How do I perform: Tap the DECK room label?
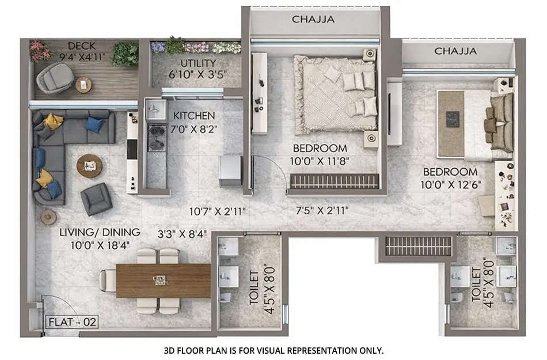coord(82,46)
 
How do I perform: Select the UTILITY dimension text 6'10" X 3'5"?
coord(197,74)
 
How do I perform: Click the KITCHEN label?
coord(194,116)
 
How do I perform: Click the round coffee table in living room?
coord(89,166)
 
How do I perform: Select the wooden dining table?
coord(163,280)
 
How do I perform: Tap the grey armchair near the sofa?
coord(96,198)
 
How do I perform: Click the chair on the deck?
coord(55,78)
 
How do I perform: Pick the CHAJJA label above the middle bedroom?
coord(313,19)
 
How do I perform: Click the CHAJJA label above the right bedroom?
coord(455,51)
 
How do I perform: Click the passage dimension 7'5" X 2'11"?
coord(316,211)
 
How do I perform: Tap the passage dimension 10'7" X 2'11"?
coord(218,211)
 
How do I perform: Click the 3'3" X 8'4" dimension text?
coord(183,234)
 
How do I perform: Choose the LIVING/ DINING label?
coord(100,232)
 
